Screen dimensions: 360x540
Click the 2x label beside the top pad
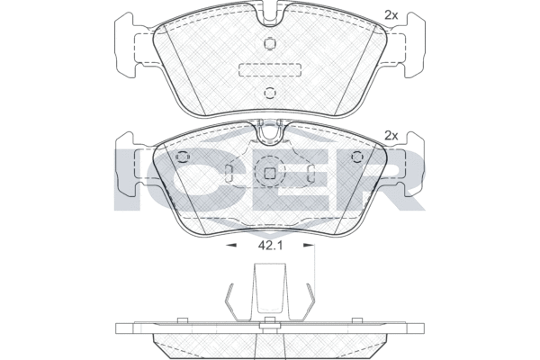point(390,14)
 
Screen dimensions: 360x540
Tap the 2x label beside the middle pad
point(390,135)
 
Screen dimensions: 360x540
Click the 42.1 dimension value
point(269,244)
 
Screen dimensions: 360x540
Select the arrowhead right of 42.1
point(310,244)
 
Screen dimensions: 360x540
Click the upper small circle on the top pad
point(269,45)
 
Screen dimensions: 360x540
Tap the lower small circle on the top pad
point(269,93)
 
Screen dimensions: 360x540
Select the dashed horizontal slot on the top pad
point(269,69)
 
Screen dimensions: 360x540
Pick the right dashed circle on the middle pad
point(357,157)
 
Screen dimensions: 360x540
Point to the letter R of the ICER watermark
point(396,179)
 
